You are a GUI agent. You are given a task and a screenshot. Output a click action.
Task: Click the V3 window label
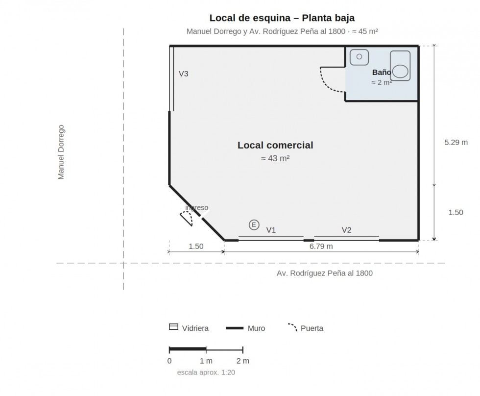183,74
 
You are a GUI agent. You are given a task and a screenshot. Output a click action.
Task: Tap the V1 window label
271,230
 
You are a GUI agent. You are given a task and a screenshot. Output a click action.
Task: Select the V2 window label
347,230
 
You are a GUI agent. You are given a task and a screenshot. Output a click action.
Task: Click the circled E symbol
254,225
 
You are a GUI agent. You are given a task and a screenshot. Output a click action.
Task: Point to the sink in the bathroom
359,57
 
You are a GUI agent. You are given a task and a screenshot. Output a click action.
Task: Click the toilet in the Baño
400,66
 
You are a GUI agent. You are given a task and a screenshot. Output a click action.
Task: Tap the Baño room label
382,72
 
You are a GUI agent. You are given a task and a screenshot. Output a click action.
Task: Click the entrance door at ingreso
188,218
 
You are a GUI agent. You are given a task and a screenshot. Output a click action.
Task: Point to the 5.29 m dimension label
456,143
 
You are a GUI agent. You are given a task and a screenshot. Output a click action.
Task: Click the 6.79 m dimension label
321,246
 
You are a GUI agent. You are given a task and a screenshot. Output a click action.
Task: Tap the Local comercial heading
275,145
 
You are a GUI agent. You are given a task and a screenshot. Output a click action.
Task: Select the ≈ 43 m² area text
275,158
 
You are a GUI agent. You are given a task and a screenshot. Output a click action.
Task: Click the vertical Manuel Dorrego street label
61,152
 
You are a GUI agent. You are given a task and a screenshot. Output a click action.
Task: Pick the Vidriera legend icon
173,327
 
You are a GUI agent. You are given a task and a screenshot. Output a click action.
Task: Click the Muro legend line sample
235,328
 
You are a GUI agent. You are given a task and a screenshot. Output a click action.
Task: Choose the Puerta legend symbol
293,327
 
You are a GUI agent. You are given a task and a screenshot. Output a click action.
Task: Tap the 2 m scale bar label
243,361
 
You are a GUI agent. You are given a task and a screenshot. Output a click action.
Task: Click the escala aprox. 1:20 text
206,372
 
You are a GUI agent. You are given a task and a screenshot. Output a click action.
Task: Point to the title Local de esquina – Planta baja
282,18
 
